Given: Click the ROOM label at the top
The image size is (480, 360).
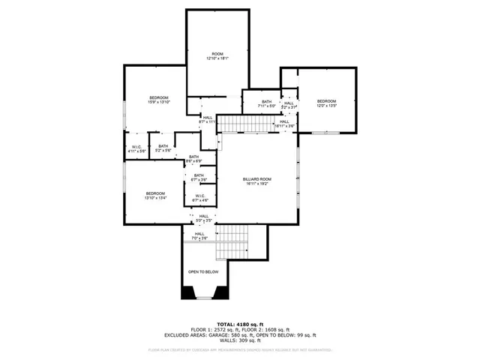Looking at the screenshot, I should click(217, 55).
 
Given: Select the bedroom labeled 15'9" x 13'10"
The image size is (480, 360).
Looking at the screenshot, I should click(158, 99).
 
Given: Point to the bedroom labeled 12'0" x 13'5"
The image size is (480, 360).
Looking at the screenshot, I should click(326, 103).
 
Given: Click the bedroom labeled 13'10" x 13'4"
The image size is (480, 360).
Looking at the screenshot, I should click(155, 196).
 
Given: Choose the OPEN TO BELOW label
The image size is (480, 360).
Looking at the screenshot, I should click(203, 271).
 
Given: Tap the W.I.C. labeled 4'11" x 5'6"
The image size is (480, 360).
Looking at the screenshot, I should click(136, 148).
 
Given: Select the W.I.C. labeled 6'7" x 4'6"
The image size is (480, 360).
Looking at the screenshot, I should click(199, 198).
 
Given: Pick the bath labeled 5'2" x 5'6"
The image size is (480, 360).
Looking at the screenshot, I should click(163, 148).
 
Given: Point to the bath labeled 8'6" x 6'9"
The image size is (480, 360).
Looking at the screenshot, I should click(193, 159).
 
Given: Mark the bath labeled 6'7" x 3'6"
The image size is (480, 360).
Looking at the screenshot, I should click(199, 178).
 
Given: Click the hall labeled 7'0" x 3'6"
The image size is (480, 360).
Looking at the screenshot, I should click(199, 235).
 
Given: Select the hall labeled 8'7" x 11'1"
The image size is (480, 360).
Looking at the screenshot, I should click(207, 118).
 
